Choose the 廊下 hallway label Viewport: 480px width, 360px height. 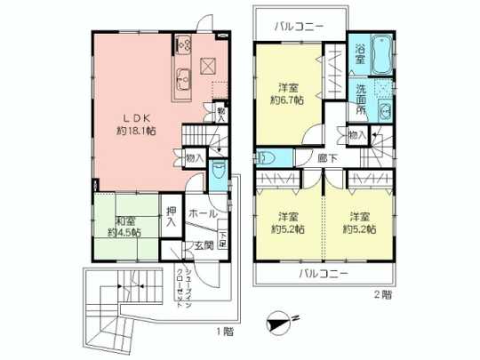326,158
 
